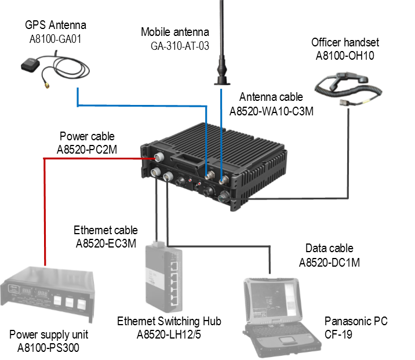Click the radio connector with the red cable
click(x=158, y=158)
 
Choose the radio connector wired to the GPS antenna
click(x=210, y=173)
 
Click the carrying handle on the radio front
click(x=187, y=159)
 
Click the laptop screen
click(x=272, y=299)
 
